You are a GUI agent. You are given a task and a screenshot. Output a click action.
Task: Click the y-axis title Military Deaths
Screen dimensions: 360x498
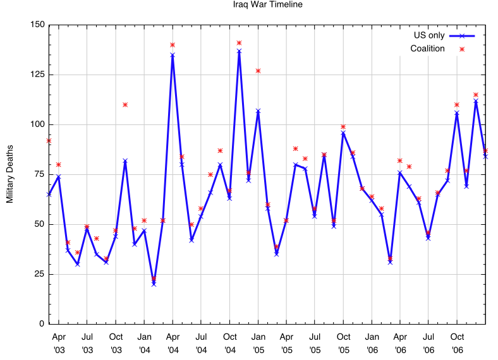click(x=9, y=174)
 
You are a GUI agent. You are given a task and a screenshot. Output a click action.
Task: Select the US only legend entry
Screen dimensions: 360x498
click(x=428, y=35)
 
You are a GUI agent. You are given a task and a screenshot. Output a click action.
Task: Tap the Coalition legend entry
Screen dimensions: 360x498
click(x=428, y=49)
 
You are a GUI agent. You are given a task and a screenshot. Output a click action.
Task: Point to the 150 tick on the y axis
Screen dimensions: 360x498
click(x=37, y=25)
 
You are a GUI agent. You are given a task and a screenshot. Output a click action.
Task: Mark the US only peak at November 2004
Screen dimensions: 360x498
click(x=239, y=51)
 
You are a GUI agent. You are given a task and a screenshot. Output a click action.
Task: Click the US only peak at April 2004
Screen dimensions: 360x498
click(x=173, y=55)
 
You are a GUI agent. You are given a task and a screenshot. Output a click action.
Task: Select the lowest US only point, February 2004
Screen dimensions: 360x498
click(x=154, y=284)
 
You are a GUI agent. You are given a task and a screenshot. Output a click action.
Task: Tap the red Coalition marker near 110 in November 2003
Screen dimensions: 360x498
click(x=125, y=104)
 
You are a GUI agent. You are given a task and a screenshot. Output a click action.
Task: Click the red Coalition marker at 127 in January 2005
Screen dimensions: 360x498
click(x=258, y=71)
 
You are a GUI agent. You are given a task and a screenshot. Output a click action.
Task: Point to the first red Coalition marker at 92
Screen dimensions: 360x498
click(x=49, y=140)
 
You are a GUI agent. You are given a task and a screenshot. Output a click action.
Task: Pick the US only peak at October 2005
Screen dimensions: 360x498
click(x=343, y=133)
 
